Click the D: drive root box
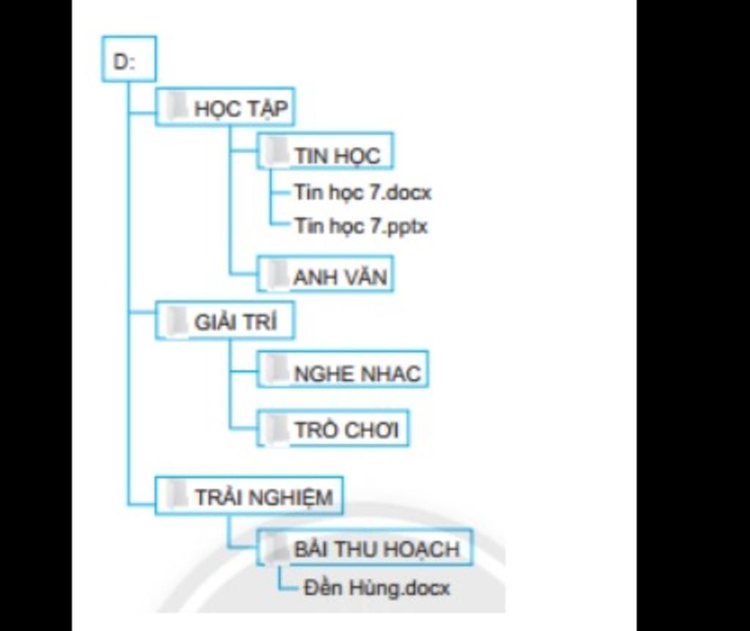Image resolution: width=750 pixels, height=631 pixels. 128,59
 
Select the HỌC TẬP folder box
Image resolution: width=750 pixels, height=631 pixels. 225,108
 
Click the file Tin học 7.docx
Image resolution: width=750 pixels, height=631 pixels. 363,193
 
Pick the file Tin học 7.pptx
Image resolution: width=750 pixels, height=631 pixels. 361,225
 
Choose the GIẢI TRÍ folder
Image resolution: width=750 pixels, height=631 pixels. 225,321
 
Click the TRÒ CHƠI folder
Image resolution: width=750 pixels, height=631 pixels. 333,428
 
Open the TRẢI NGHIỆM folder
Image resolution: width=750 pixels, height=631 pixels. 249,496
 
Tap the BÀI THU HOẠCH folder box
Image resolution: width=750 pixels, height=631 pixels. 364,548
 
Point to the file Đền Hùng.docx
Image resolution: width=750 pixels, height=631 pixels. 376,587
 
